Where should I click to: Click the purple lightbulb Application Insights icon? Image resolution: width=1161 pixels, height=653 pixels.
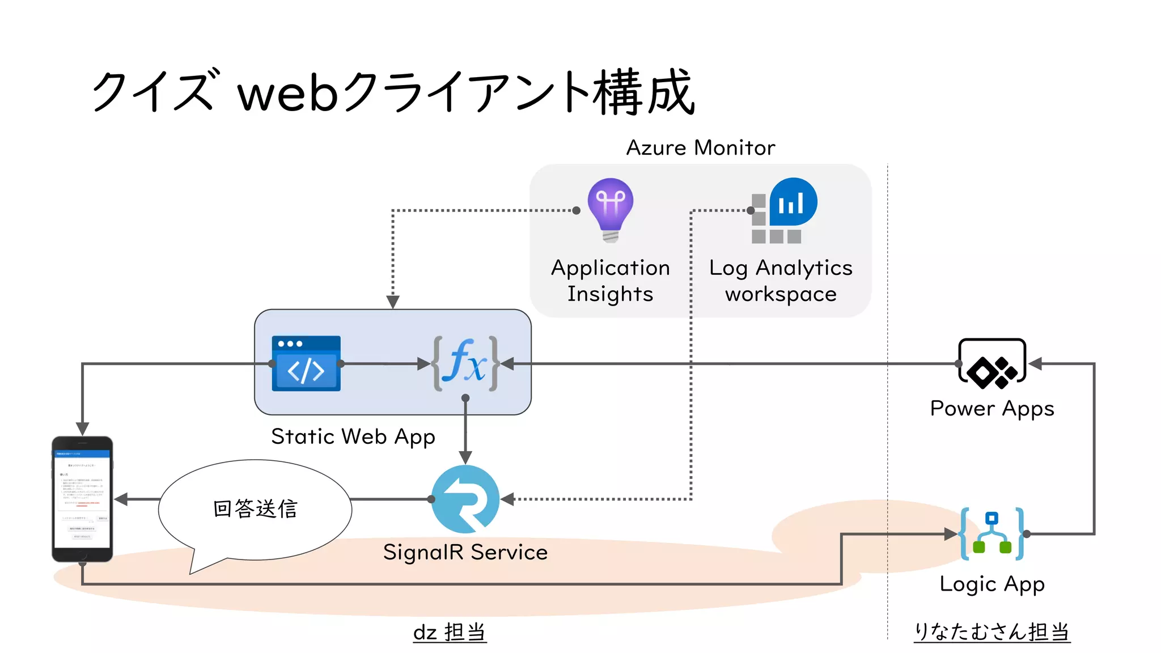611,209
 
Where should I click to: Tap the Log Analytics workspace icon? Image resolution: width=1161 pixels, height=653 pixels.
783,210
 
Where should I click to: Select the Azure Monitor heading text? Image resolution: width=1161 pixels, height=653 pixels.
700,148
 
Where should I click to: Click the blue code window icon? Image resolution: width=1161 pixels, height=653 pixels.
306,363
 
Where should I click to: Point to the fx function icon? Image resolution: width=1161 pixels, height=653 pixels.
465,363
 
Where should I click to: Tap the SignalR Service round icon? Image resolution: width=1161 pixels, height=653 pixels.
465,499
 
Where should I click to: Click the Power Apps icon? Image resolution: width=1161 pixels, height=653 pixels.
992,363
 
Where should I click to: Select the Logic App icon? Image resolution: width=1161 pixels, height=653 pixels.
992,533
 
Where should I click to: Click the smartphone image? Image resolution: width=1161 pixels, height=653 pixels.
82,499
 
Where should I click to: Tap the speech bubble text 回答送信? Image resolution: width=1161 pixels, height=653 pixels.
255,508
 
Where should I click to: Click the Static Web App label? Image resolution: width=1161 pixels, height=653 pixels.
353,437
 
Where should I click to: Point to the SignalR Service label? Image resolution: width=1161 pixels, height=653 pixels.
465,552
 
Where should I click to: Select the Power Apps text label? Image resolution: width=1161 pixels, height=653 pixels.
992,409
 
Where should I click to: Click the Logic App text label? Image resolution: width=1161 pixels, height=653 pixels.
992,584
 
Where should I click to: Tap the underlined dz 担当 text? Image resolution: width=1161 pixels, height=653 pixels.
450,632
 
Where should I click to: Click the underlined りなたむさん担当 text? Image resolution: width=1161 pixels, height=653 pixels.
992,631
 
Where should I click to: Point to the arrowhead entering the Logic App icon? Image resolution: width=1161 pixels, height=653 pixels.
951,533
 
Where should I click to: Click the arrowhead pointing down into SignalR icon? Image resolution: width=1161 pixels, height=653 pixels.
465,457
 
